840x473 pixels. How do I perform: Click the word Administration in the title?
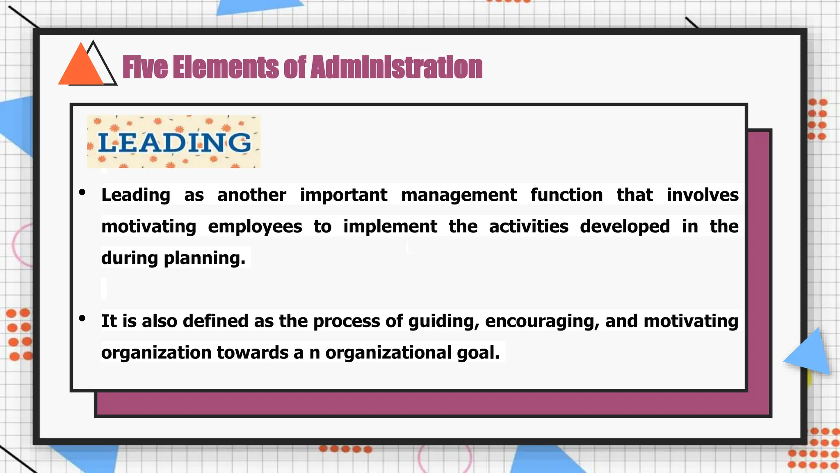(396, 67)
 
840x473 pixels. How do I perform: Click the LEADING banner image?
(173, 142)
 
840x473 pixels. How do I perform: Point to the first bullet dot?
(82, 192)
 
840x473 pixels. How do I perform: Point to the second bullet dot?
(82, 318)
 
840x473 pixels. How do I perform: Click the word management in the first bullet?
(459, 195)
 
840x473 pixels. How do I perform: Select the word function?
(566, 195)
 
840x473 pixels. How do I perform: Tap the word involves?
(702, 195)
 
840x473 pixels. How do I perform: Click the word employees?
(255, 227)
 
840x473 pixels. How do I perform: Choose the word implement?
(390, 227)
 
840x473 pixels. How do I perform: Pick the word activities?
(528, 227)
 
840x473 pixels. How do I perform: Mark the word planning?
(204, 258)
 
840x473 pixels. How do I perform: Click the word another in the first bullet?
(251, 195)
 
